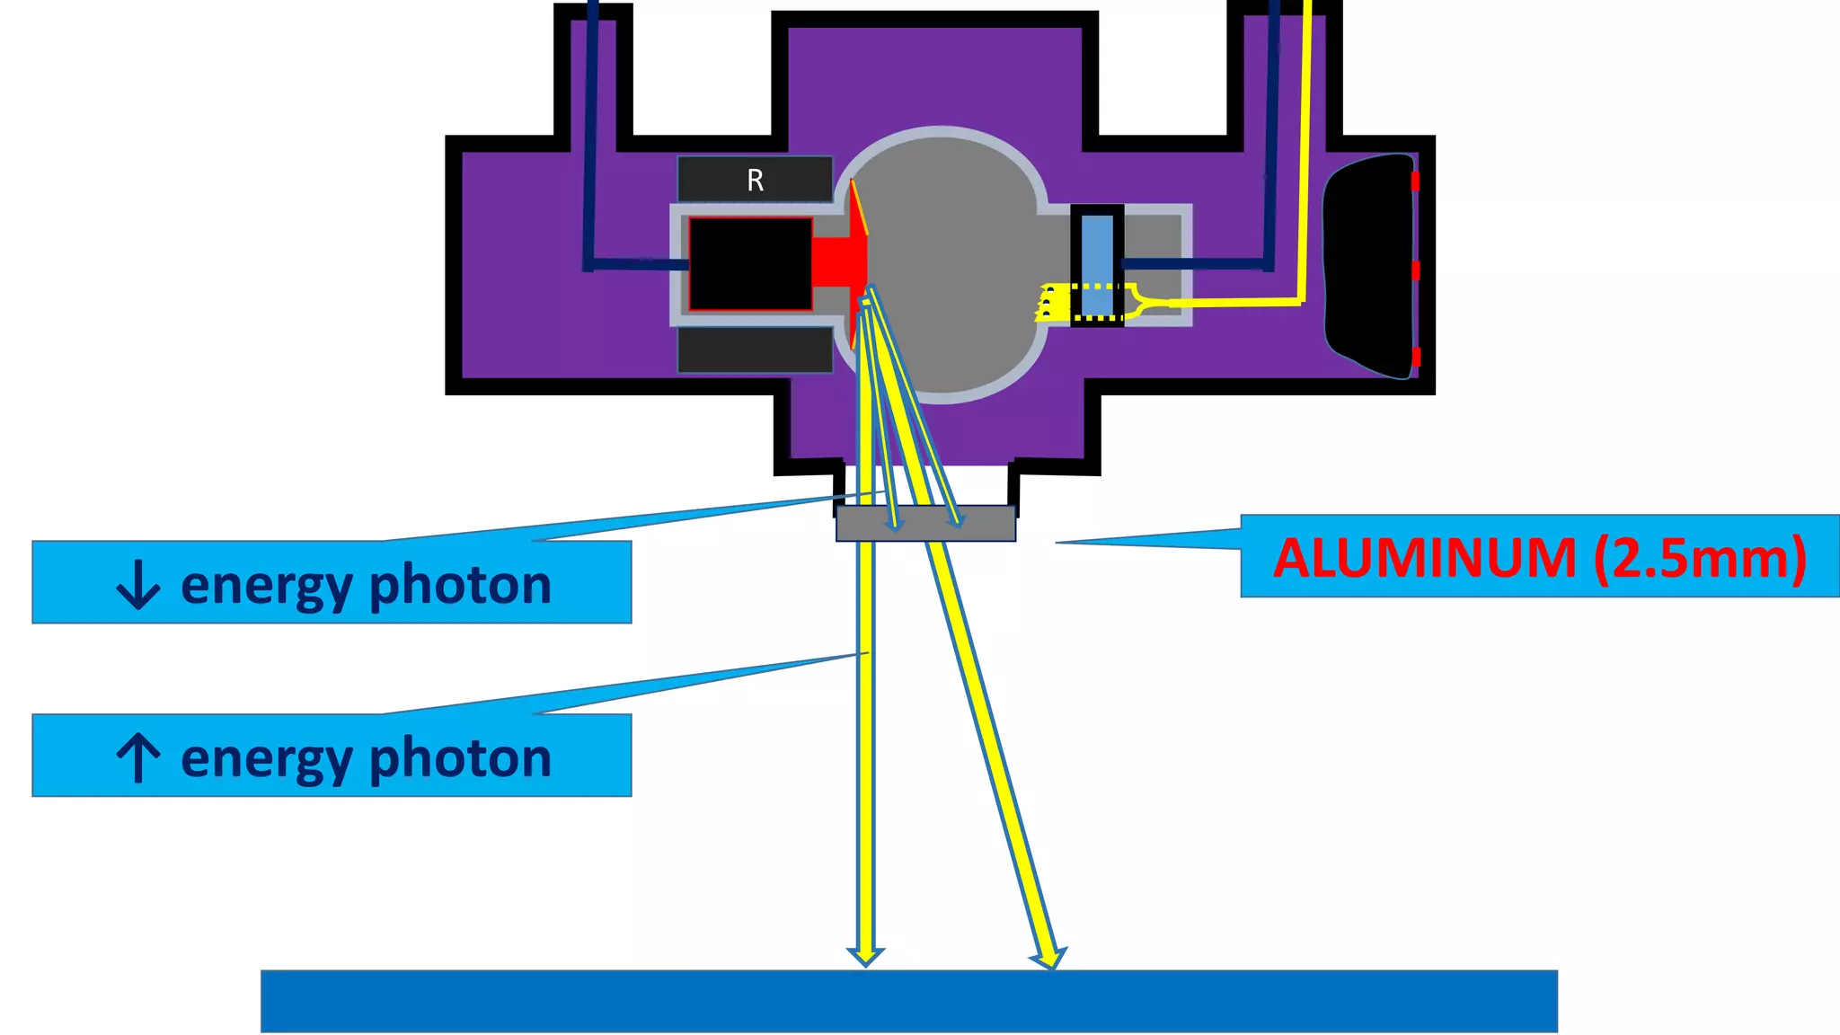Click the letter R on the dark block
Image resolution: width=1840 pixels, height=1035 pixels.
tap(755, 181)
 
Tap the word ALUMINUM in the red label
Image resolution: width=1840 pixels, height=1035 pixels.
tap(1425, 558)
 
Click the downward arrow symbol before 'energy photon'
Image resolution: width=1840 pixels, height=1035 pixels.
tap(138, 585)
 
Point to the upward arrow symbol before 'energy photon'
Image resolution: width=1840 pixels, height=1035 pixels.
tap(138, 757)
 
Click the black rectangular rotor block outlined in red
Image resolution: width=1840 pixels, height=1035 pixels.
tap(750, 264)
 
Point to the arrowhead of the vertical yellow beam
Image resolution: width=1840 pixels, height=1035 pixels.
tap(865, 956)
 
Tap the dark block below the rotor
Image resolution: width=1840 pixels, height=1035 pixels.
tap(755, 350)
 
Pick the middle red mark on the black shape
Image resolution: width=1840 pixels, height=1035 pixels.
tap(1415, 270)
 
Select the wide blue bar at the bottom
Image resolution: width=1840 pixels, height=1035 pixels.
tap(908, 1001)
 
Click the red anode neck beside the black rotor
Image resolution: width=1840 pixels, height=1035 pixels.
tap(836, 261)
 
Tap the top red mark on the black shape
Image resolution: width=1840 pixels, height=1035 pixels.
tap(1415, 181)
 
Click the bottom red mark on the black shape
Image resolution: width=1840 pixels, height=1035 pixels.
tap(1416, 357)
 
